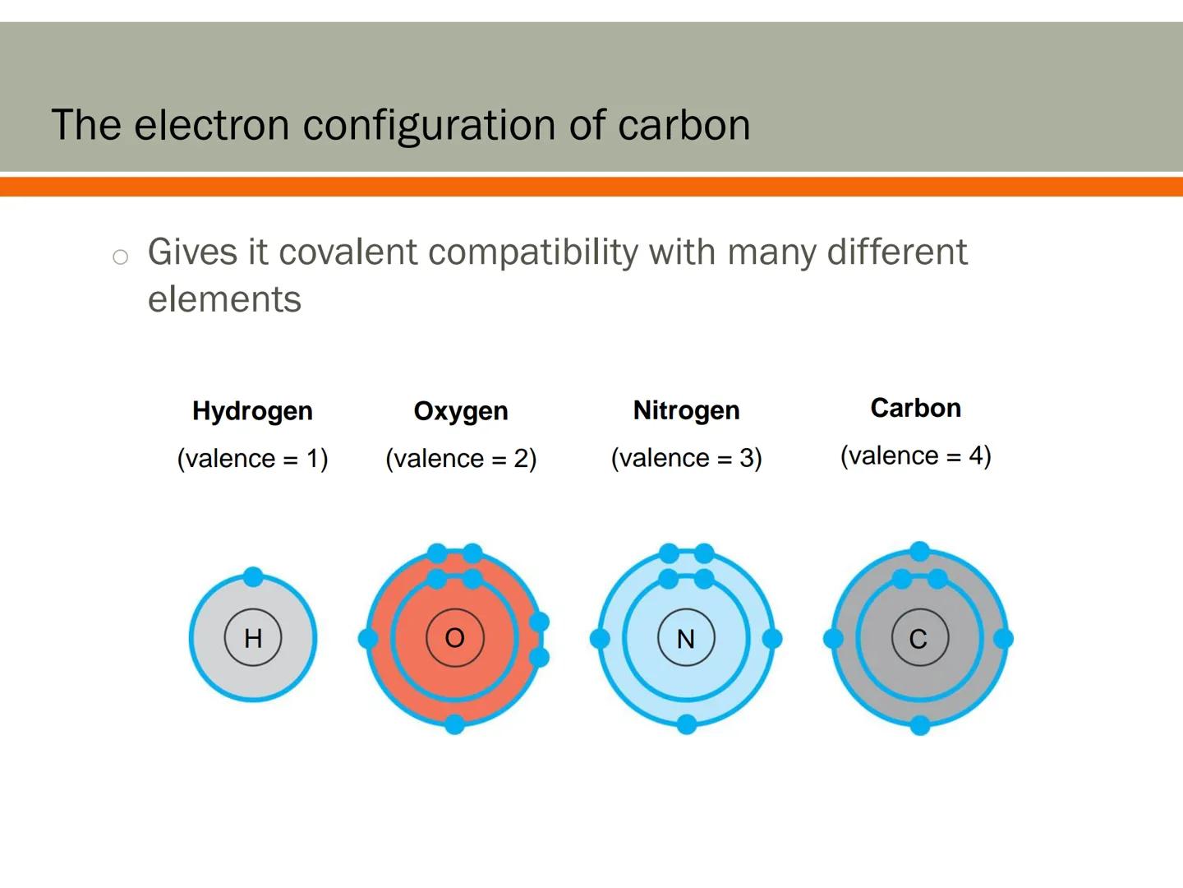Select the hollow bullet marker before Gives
point(121,257)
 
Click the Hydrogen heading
point(252,410)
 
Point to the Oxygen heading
point(461,410)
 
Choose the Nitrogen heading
point(686,409)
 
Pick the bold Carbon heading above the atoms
point(915,408)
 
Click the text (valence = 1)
point(252,458)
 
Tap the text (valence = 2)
point(461,458)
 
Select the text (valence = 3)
point(686,457)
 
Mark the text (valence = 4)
point(915,455)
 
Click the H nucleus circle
point(253,637)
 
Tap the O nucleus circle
point(454,637)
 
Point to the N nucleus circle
point(686,638)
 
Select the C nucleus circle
point(919,638)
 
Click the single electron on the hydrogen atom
point(253,577)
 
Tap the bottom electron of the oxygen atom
point(454,724)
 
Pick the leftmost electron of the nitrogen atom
point(601,638)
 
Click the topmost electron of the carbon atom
point(920,551)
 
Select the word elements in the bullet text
point(224,299)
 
